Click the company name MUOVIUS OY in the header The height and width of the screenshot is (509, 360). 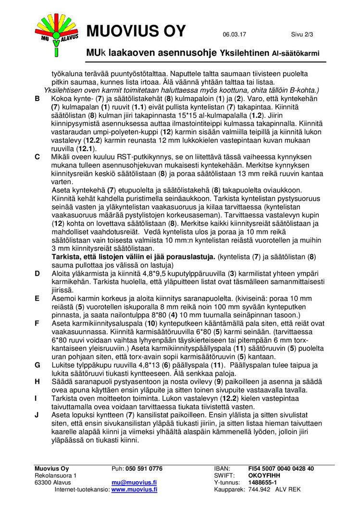[136, 31]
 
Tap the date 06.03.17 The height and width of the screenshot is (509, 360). [235, 34]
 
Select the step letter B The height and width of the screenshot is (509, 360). [37, 98]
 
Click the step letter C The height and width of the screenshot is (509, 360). [37, 157]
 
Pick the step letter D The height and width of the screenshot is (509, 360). [37, 274]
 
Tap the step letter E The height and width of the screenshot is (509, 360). [37, 298]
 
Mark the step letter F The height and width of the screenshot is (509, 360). [37, 323]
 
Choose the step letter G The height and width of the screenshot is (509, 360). [37, 365]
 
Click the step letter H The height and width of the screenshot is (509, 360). [37, 381]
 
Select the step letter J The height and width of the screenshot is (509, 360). [37, 414]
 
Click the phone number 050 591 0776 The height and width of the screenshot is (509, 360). [144, 469]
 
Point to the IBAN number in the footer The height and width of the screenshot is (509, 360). [281, 469]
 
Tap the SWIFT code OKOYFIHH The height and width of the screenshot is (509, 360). [264, 475]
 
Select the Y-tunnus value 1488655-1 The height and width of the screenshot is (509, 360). [262, 482]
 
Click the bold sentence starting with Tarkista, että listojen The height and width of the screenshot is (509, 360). [134, 257]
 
